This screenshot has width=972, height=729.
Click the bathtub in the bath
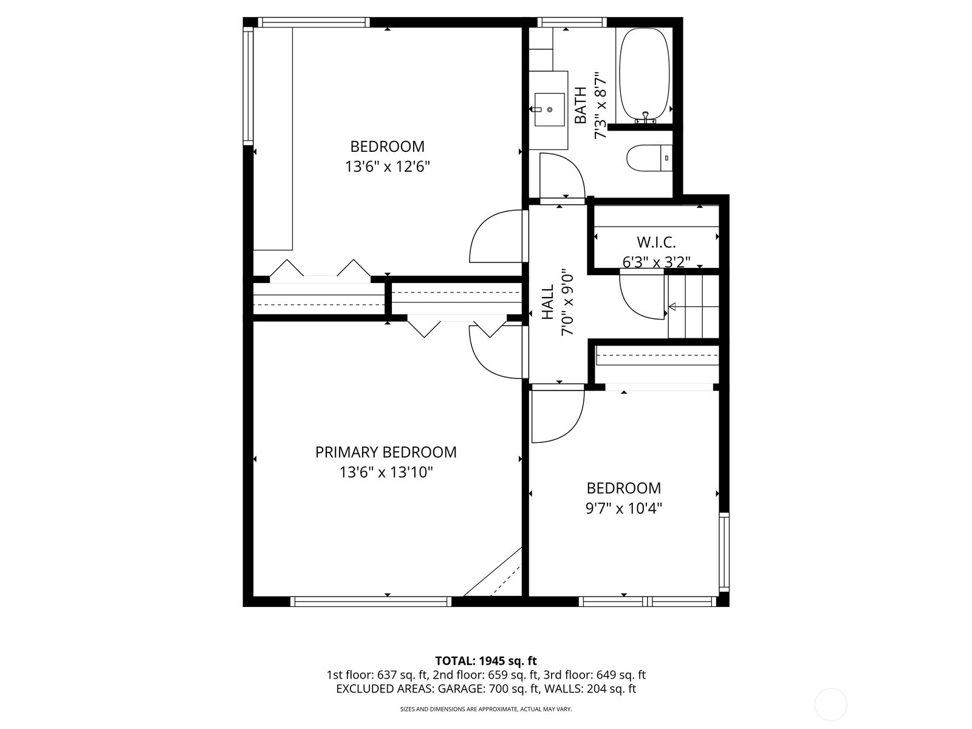[x=644, y=76]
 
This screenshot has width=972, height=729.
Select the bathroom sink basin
[x=549, y=110]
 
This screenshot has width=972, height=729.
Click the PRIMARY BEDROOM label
[x=386, y=452]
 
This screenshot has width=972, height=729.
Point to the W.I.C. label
[x=656, y=242]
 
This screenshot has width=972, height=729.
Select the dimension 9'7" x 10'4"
[x=623, y=508]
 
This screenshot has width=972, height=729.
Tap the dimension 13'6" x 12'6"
[x=388, y=166]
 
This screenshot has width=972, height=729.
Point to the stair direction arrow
[x=672, y=306]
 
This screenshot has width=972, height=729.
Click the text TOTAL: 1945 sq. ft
[x=486, y=660]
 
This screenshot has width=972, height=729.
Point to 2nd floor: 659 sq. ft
[x=486, y=675]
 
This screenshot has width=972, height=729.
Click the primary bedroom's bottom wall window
[x=371, y=601]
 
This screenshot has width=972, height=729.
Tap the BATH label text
[x=581, y=106]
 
